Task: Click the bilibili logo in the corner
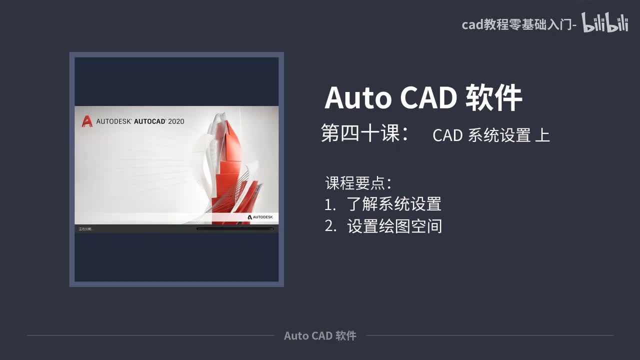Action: pyautogui.click(x=605, y=22)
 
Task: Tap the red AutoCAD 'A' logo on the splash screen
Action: pyautogui.click(x=87, y=121)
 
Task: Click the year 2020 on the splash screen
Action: pyautogui.click(x=176, y=121)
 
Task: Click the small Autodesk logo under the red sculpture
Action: pyautogui.click(x=260, y=217)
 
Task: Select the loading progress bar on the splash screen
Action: pyautogui.click(x=235, y=229)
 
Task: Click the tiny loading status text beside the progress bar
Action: pyautogui.click(x=85, y=229)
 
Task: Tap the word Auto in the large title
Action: pyautogui.click(x=358, y=97)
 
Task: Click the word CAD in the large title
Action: pyautogui.click(x=428, y=97)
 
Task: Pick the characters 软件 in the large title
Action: pyautogui.click(x=493, y=97)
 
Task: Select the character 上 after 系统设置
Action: pyautogui.click(x=542, y=135)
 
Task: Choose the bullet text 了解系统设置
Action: pyautogui.click(x=394, y=204)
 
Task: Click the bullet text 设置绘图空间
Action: pyautogui.click(x=394, y=226)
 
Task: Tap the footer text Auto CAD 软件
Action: pyautogui.click(x=320, y=335)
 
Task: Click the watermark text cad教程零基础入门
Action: pyautogui.click(x=517, y=24)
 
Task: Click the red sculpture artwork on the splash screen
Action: pyautogui.click(x=232, y=165)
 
